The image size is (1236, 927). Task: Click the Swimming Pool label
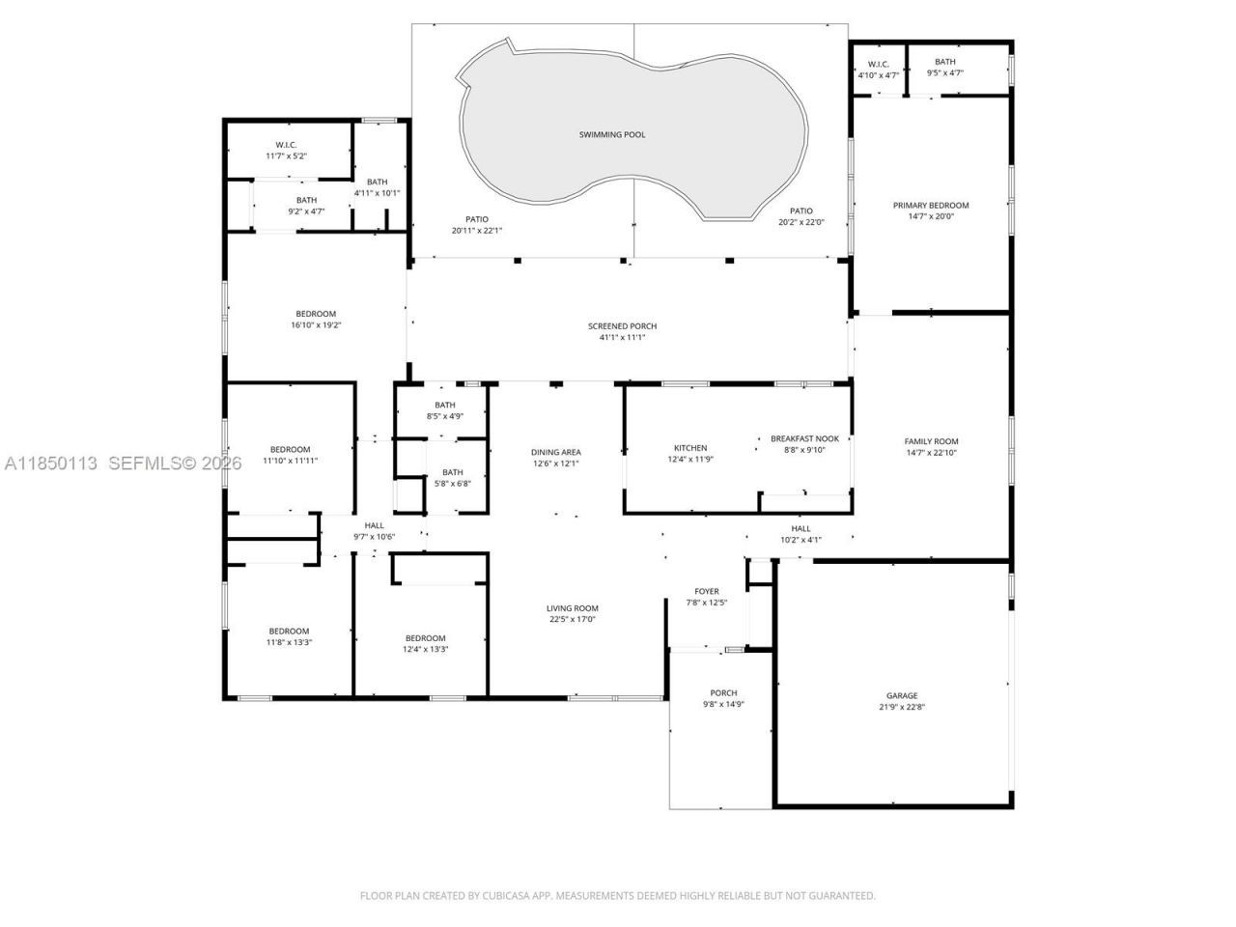612,134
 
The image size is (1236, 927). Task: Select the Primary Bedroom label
930,205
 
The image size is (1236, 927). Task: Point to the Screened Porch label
622,326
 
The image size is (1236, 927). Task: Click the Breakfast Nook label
798,438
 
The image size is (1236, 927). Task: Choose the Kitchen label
690,448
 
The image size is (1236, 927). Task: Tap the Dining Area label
556,452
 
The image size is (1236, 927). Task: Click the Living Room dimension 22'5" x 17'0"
572,619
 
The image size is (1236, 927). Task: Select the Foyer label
707,591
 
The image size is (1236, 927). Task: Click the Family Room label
931,441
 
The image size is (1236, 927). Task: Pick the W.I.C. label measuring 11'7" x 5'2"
286,145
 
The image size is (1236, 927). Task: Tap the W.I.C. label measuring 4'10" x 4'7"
878,65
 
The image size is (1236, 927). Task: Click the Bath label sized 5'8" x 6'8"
452,472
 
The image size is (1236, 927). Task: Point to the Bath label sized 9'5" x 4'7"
944,63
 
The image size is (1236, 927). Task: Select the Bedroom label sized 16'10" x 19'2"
316,314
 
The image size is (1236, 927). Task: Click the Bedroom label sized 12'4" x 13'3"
425,638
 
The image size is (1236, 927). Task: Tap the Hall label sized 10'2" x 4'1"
801,528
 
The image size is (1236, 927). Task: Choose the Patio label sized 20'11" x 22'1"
476,219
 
